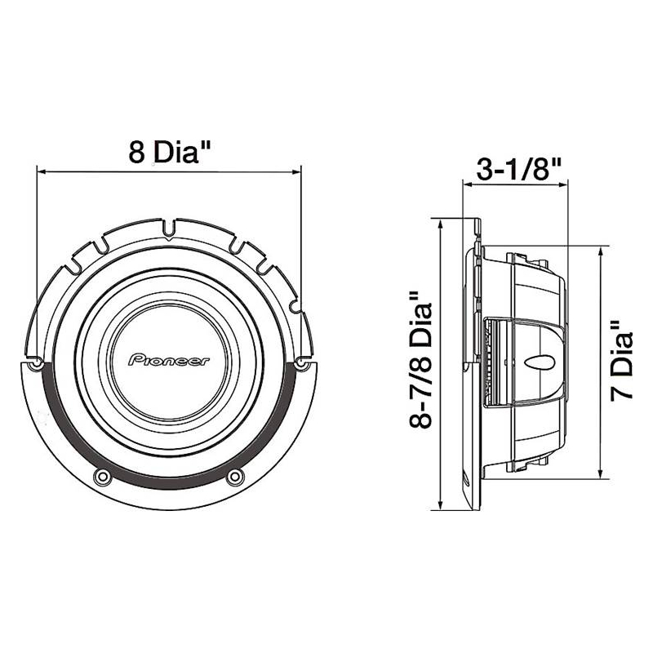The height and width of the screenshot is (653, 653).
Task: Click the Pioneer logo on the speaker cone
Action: (168, 360)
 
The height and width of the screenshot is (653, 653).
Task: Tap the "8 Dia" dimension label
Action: (170, 152)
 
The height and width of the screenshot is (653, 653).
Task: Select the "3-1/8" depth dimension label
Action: (519, 169)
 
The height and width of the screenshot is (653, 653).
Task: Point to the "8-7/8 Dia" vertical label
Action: (421, 359)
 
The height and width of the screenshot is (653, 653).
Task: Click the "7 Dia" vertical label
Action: (622, 361)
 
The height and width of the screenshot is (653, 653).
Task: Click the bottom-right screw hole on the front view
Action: (235, 476)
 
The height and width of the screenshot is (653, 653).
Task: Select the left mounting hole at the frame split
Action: (36, 362)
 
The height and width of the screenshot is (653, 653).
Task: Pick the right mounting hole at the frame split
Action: (300, 363)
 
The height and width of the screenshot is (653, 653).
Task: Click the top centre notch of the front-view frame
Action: (168, 229)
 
